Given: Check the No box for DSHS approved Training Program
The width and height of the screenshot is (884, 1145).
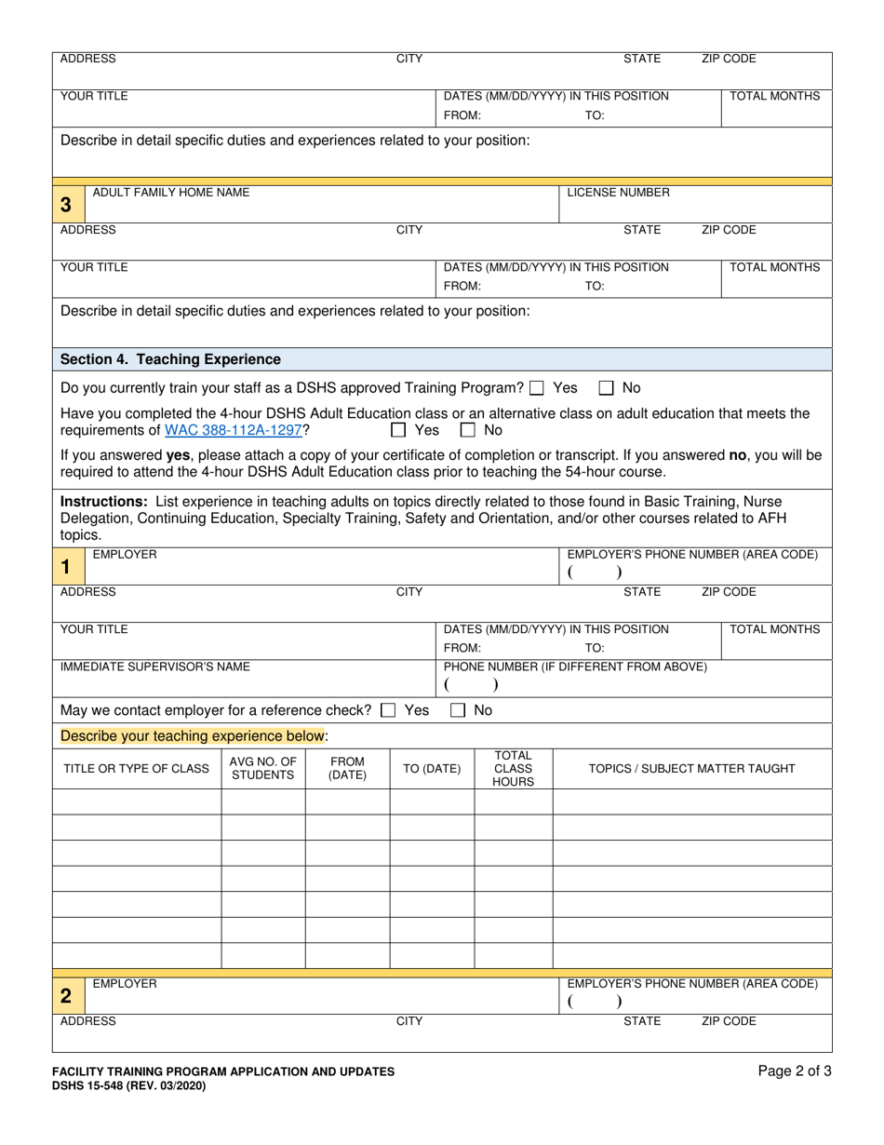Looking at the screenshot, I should [606, 388].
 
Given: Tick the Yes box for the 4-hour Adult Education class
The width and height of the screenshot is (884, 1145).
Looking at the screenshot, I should [398, 430].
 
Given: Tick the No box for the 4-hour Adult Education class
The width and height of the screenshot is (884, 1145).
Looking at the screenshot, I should [468, 430].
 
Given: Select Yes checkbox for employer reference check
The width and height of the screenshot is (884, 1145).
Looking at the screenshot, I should [389, 710].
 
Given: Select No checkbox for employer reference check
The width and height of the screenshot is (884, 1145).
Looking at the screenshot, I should [458, 710].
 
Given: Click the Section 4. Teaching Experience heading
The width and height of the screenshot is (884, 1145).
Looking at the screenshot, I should [170, 359].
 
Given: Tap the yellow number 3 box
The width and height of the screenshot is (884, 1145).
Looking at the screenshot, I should [66, 204].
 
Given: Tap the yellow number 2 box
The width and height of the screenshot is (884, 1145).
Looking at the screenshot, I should [66, 995].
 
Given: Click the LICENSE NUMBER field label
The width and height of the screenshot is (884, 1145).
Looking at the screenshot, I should [618, 193].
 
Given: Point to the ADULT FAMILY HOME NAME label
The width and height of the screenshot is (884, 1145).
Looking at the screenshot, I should [170, 193].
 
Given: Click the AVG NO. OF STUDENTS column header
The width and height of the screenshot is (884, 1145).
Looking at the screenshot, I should [262, 768].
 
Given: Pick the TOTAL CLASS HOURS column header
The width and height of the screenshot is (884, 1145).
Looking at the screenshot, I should [513, 768].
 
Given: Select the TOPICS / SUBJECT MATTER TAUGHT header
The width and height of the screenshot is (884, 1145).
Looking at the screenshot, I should [691, 768].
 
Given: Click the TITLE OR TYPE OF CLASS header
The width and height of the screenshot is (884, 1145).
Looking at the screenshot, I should [136, 768].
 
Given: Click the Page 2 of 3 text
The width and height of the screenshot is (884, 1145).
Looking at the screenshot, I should [795, 1071].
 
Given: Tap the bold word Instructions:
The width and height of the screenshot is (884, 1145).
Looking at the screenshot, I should [103, 502].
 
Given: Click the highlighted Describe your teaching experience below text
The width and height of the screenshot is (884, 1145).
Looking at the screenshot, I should [192, 735].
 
